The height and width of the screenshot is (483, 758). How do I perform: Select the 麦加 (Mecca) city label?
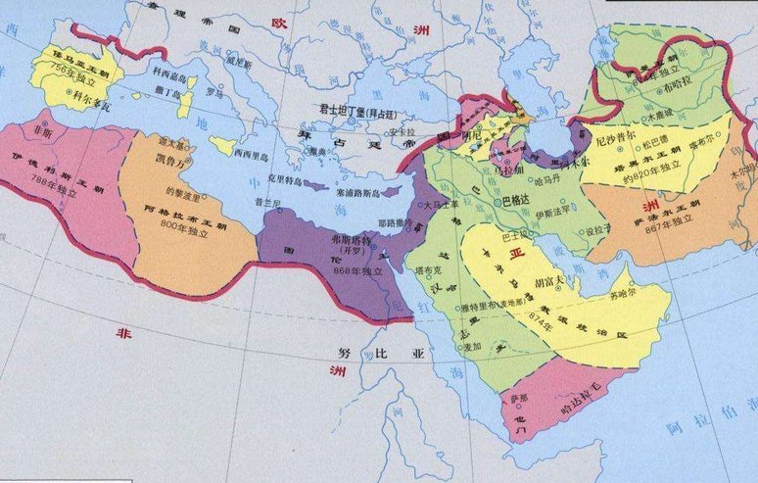tap(471, 344)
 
